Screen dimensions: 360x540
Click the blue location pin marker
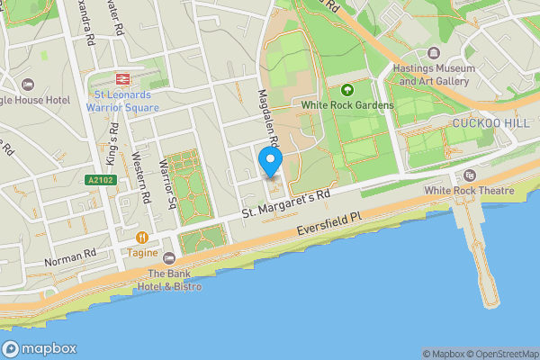(x=270, y=163)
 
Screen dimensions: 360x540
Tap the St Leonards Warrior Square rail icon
(x=123, y=79)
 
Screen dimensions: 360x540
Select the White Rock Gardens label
(x=347, y=105)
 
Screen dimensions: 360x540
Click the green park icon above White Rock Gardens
(x=347, y=90)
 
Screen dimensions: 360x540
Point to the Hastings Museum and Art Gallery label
(x=434, y=75)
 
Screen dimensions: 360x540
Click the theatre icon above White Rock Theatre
(x=468, y=175)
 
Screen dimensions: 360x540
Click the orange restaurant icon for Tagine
(x=142, y=238)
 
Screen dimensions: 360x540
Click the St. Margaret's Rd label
(x=285, y=205)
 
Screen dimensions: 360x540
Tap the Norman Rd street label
(x=69, y=256)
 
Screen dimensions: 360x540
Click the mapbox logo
(x=40, y=348)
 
